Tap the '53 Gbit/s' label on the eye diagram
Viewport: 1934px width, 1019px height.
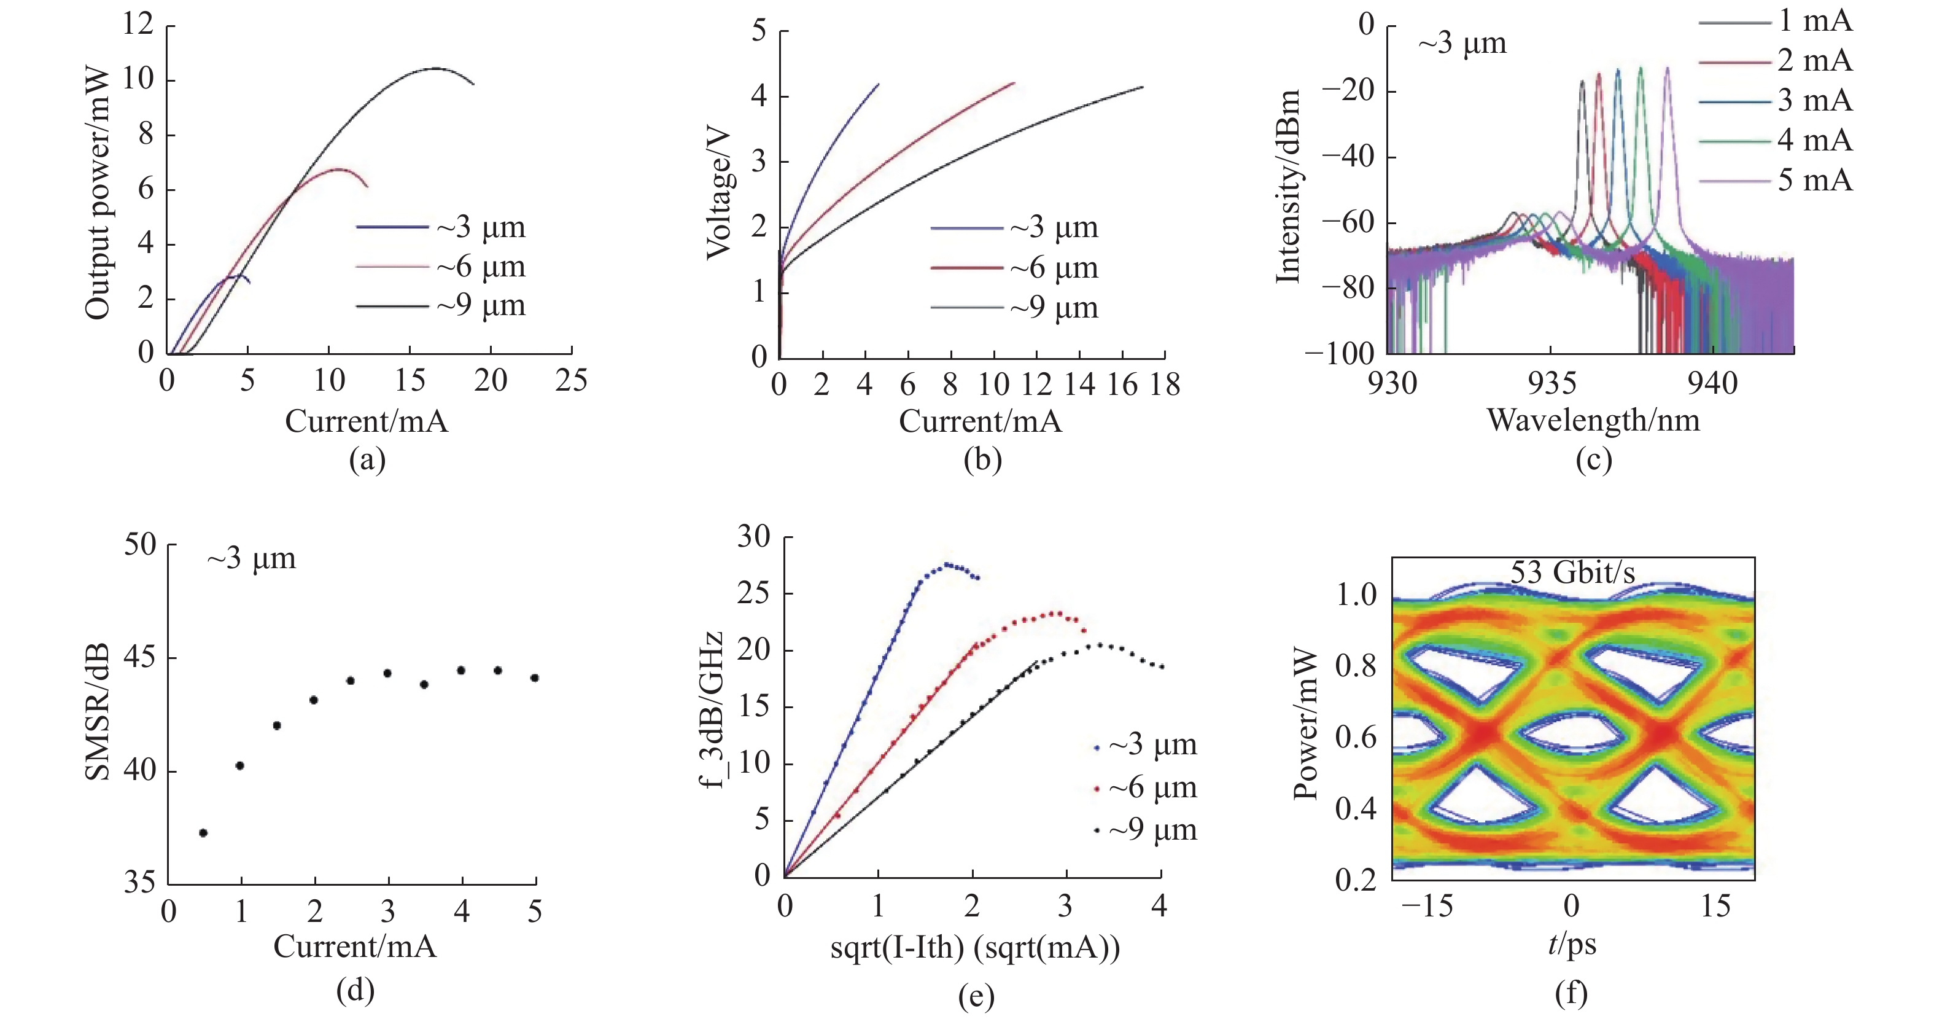tap(1572, 573)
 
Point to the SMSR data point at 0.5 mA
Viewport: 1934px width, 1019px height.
tap(203, 833)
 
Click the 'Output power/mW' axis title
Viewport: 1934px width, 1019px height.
tap(98, 193)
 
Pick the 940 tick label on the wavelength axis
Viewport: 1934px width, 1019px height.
tap(1712, 384)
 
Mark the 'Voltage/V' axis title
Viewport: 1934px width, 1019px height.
tap(719, 193)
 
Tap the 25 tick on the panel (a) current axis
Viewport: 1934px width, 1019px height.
tap(570, 381)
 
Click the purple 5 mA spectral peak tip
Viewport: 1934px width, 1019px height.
tap(1668, 68)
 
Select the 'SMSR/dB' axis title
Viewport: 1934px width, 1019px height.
tap(98, 711)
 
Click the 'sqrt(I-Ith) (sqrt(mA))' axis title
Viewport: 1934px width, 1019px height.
tap(974, 948)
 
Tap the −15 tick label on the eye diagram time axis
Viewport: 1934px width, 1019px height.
tap(1426, 907)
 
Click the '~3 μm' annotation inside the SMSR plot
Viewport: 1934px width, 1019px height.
tap(252, 559)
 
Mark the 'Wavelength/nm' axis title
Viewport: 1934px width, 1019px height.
tap(1593, 421)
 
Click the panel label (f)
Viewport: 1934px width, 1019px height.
tap(1571, 993)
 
